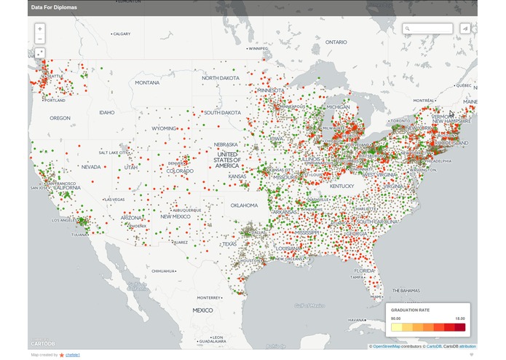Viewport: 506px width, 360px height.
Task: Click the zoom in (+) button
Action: tap(39, 29)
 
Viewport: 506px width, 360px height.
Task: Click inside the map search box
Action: tap(429, 29)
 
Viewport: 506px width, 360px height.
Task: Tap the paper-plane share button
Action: tap(464, 29)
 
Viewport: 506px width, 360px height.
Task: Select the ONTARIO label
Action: tap(336, 42)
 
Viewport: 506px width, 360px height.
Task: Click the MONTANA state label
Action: tap(147, 82)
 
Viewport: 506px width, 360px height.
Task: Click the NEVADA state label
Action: tap(91, 167)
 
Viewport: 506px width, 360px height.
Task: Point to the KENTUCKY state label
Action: tap(341, 186)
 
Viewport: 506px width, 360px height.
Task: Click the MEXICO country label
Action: tap(202, 310)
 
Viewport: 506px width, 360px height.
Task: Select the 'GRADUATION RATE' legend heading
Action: tap(410, 310)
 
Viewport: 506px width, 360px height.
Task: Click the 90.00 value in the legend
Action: tap(396, 318)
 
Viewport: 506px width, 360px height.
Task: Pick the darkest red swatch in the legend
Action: tap(459, 328)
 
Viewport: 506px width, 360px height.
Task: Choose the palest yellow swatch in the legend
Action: tap(396, 328)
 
